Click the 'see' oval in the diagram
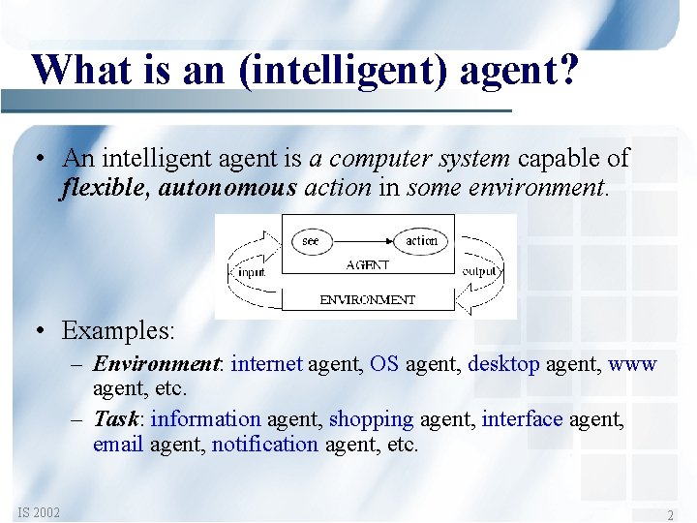[x=311, y=240]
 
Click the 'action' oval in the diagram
[x=422, y=240]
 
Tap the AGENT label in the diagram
[x=367, y=264]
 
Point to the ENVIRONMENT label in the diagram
[x=367, y=300]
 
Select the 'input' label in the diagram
[x=252, y=272]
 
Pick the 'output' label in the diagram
[x=481, y=272]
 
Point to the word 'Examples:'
[x=118, y=331]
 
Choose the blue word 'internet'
[x=267, y=364]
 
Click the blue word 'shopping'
[x=371, y=419]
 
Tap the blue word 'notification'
[x=264, y=445]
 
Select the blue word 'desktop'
[x=503, y=364]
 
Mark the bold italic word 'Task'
[x=116, y=419]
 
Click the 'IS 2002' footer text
[x=38, y=511]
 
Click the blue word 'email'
[x=118, y=445]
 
